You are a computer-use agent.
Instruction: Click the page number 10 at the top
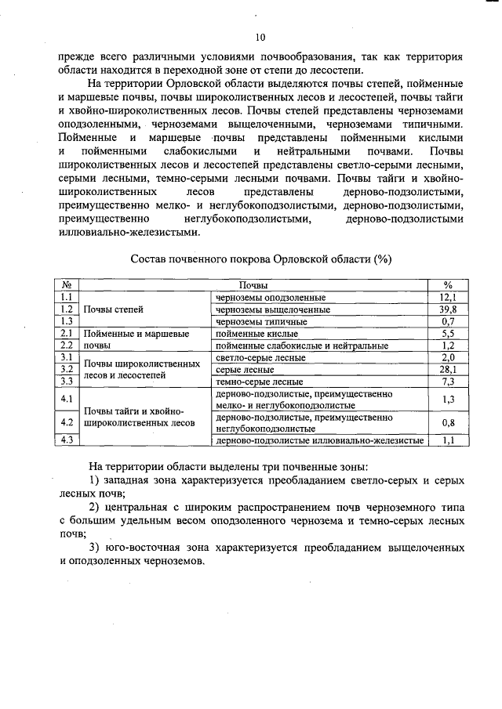260,37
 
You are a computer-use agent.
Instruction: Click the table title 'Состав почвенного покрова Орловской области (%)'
260,259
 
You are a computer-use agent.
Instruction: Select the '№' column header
67,286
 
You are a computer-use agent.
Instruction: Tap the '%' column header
448,286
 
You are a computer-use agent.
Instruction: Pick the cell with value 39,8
448,309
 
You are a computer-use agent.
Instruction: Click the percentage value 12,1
448,298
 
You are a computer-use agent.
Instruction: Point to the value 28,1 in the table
448,369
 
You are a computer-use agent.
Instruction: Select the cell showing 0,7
448,321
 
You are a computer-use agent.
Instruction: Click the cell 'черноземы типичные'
261,321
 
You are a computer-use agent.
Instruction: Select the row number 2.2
67,345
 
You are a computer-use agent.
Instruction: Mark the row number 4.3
67,440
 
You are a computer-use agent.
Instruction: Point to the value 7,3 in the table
448,382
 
